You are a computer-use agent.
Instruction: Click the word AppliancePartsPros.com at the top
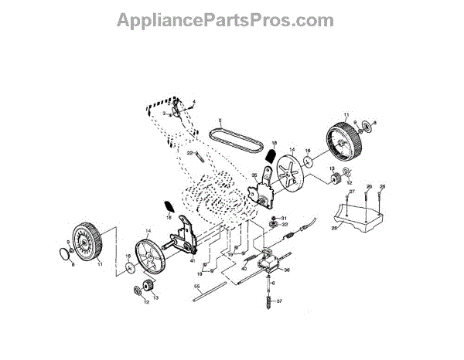click(x=224, y=20)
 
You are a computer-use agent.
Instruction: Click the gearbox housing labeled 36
click(x=268, y=263)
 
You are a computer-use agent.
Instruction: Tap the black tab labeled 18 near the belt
click(x=270, y=158)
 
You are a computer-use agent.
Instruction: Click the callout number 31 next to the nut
click(x=284, y=218)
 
